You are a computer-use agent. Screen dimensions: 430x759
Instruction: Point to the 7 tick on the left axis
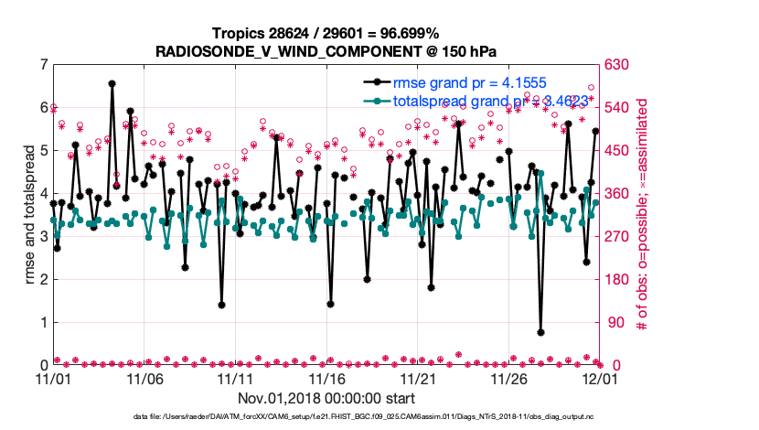pos(44,65)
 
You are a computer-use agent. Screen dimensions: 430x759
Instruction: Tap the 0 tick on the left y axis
pos(44,365)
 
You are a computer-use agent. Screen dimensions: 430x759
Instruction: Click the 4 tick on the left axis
pos(44,194)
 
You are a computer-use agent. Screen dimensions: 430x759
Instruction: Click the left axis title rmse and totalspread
pos(29,215)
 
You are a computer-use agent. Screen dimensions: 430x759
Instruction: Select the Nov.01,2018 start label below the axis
pos(326,398)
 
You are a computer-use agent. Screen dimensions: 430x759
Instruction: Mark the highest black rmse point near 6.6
pos(112,83)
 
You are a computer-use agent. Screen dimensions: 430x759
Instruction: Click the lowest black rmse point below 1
pos(541,332)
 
